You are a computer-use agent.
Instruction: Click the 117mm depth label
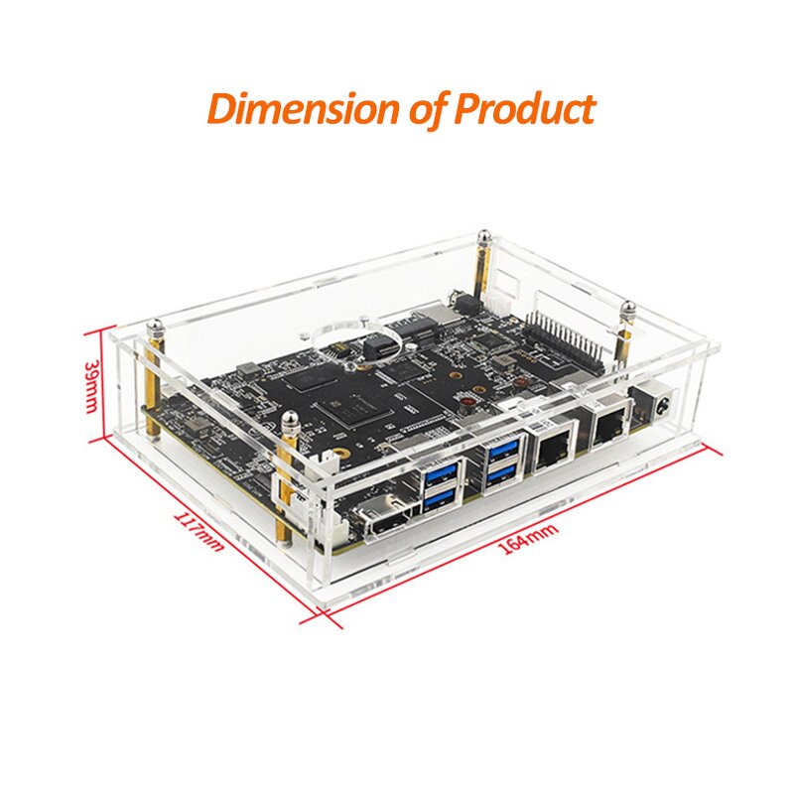(198, 531)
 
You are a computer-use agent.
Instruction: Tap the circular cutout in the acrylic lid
(343, 338)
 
